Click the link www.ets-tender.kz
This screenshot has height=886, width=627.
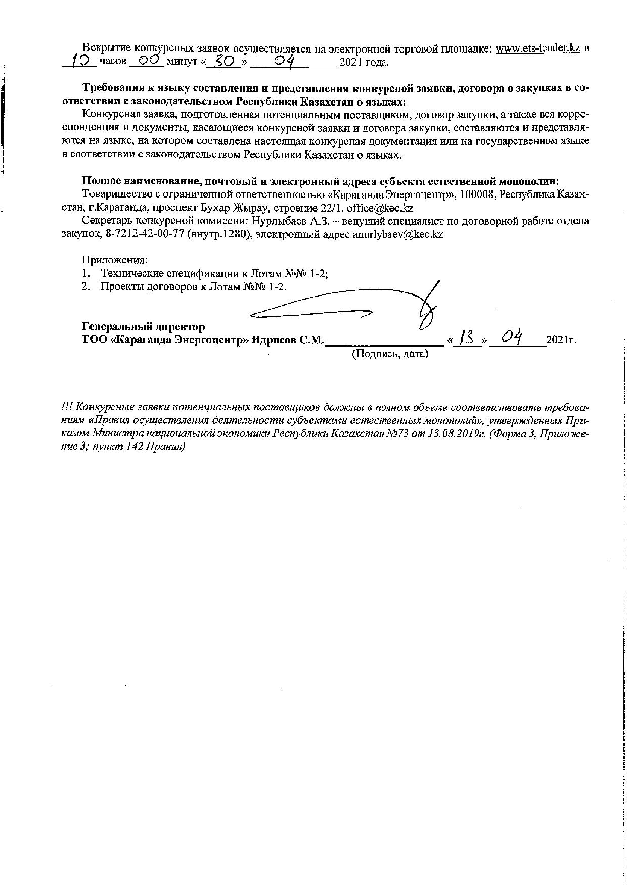coord(538,48)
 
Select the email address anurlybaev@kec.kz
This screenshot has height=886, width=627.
coord(398,234)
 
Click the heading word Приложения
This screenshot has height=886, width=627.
coord(115,260)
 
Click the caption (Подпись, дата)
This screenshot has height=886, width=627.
coord(390,354)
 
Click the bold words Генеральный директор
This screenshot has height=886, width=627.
coord(143,327)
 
